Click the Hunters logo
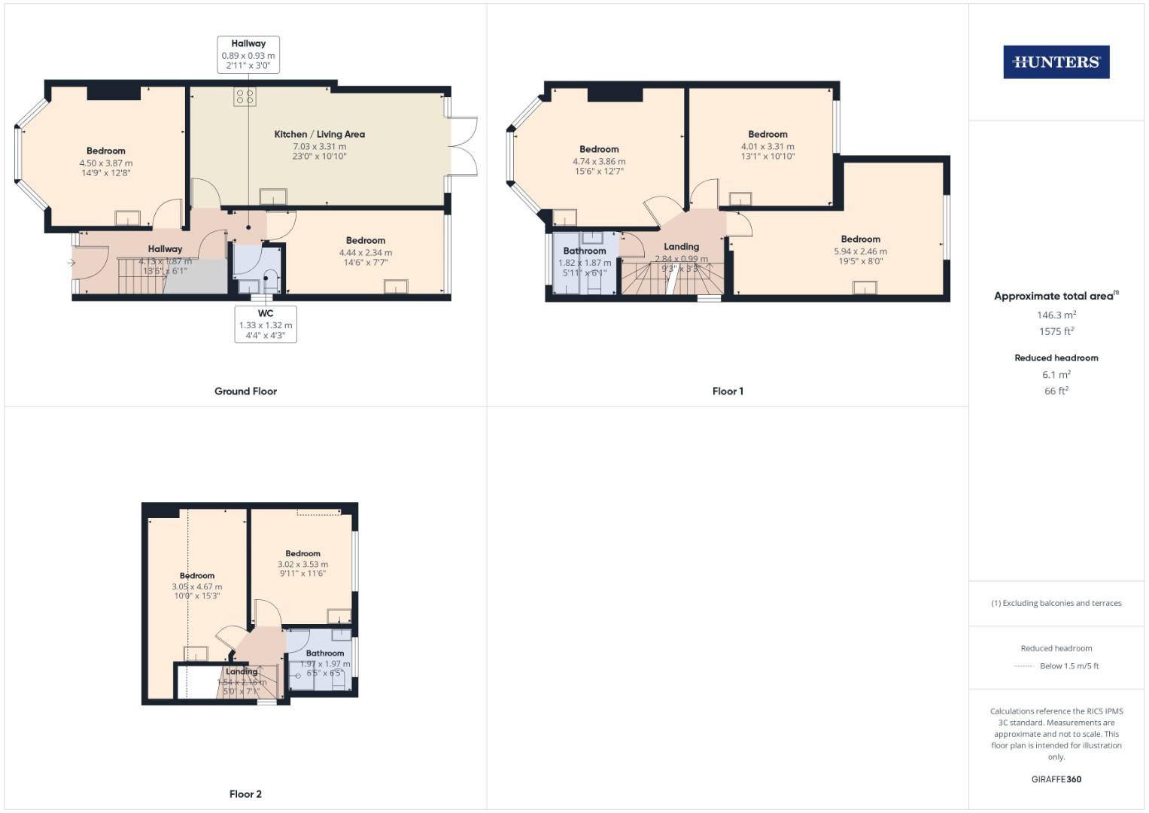(x=1056, y=62)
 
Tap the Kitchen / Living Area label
(x=319, y=134)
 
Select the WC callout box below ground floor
(x=266, y=324)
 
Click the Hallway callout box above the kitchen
(x=248, y=55)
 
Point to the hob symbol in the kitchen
(x=245, y=96)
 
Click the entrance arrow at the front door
(x=71, y=263)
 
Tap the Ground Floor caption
(x=245, y=391)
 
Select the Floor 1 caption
(x=727, y=391)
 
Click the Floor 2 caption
(x=245, y=794)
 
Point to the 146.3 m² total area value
(x=1056, y=315)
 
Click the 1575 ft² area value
(x=1056, y=331)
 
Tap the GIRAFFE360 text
(x=1056, y=779)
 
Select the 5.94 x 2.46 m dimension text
(x=860, y=251)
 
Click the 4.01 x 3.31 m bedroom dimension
(x=768, y=146)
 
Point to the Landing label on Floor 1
(x=681, y=246)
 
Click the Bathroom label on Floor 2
(x=325, y=653)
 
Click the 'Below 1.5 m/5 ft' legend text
(x=1068, y=665)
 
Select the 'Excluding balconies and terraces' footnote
(x=1056, y=603)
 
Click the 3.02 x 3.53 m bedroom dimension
(x=302, y=564)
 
